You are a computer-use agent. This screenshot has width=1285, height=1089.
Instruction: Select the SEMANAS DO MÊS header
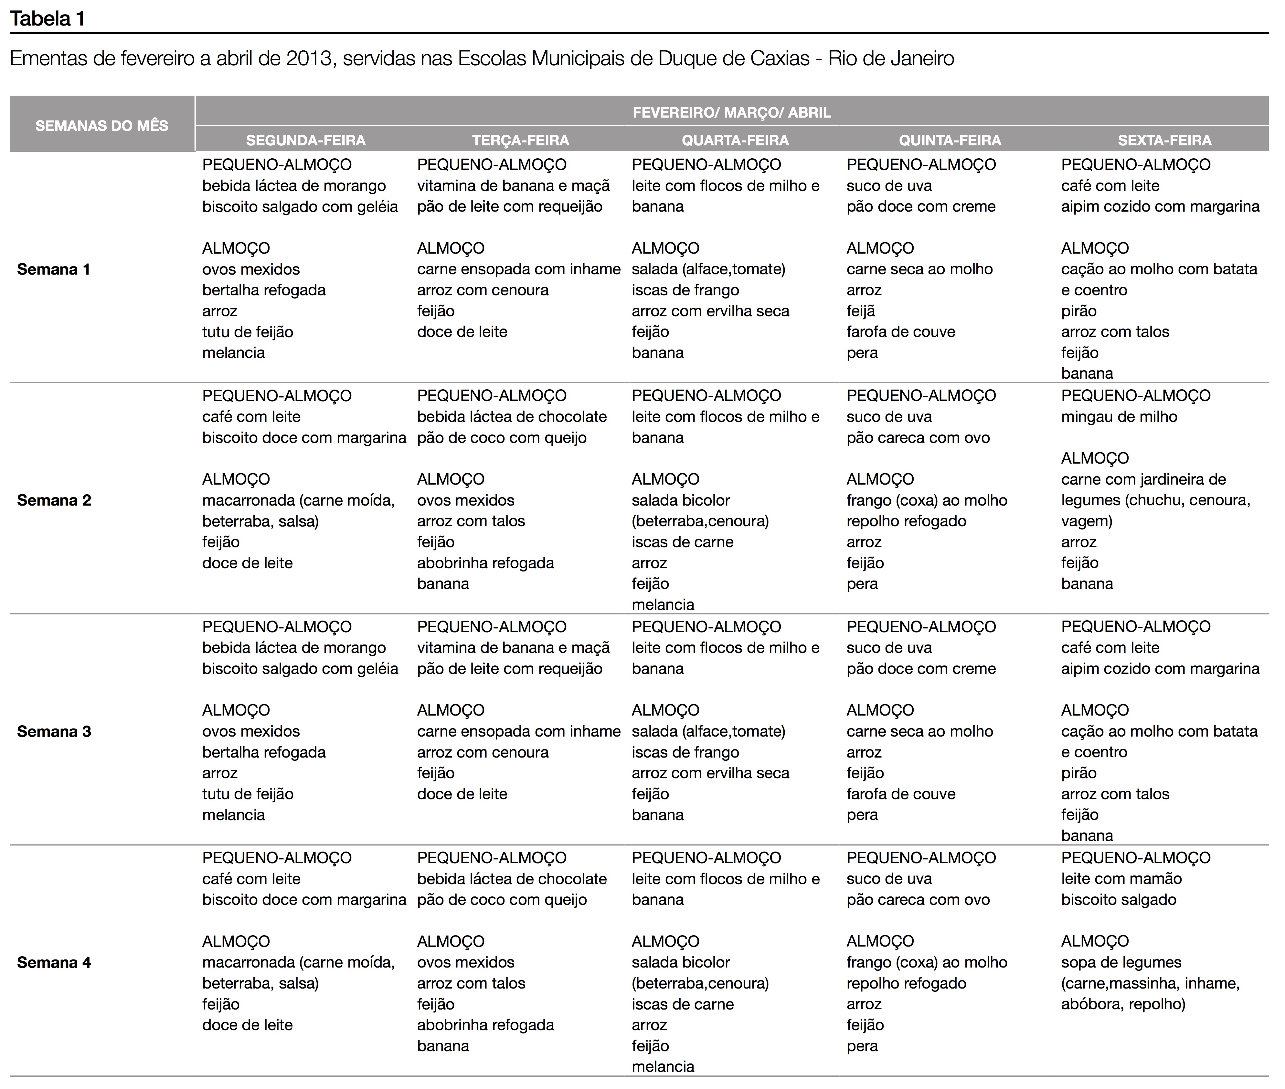102,126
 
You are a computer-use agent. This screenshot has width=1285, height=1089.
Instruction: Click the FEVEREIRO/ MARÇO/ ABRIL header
732,112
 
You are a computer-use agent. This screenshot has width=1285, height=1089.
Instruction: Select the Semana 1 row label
54,269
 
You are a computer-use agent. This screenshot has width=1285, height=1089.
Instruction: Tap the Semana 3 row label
54,732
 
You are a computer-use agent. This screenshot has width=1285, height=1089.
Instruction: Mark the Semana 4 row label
54,962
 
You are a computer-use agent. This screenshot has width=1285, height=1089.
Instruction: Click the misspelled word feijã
861,311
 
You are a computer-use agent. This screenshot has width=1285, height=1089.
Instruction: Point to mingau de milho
1119,417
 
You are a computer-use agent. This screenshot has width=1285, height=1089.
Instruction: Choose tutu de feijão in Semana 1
248,332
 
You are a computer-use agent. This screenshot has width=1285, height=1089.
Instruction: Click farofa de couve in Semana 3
900,794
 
